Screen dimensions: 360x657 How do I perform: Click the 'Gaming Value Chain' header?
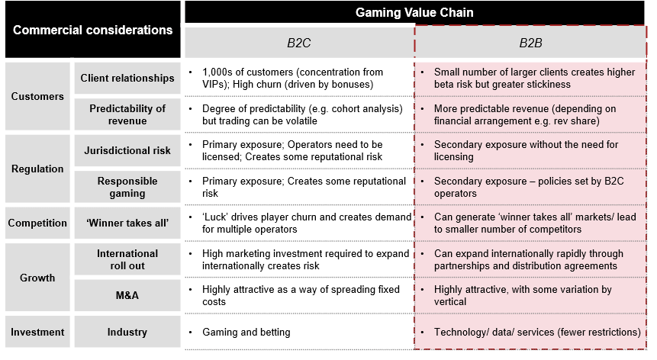tap(414, 13)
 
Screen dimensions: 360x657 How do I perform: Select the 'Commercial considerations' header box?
tap(92, 31)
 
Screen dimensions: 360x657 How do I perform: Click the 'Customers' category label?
tap(37, 96)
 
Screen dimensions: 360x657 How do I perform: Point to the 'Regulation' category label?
tap(37, 169)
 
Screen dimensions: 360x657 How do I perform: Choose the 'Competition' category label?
tap(37, 223)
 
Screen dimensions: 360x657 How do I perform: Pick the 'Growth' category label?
tap(37, 278)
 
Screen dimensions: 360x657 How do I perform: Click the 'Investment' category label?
tap(37, 333)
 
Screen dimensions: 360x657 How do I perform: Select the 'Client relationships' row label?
tap(127, 78)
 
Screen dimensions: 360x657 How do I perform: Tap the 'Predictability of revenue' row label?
tap(127, 114)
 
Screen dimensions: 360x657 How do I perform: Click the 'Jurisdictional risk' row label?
tap(127, 150)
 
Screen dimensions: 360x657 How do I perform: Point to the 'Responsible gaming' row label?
tap(127, 187)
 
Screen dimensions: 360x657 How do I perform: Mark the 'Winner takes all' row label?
tap(127, 223)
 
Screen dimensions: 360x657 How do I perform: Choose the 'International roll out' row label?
tap(127, 259)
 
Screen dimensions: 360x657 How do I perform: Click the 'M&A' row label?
tap(127, 296)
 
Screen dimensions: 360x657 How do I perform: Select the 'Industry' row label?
tap(127, 333)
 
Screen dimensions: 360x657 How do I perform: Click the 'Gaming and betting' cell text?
tap(246, 333)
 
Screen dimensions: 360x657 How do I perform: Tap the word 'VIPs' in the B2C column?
tap(215, 84)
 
